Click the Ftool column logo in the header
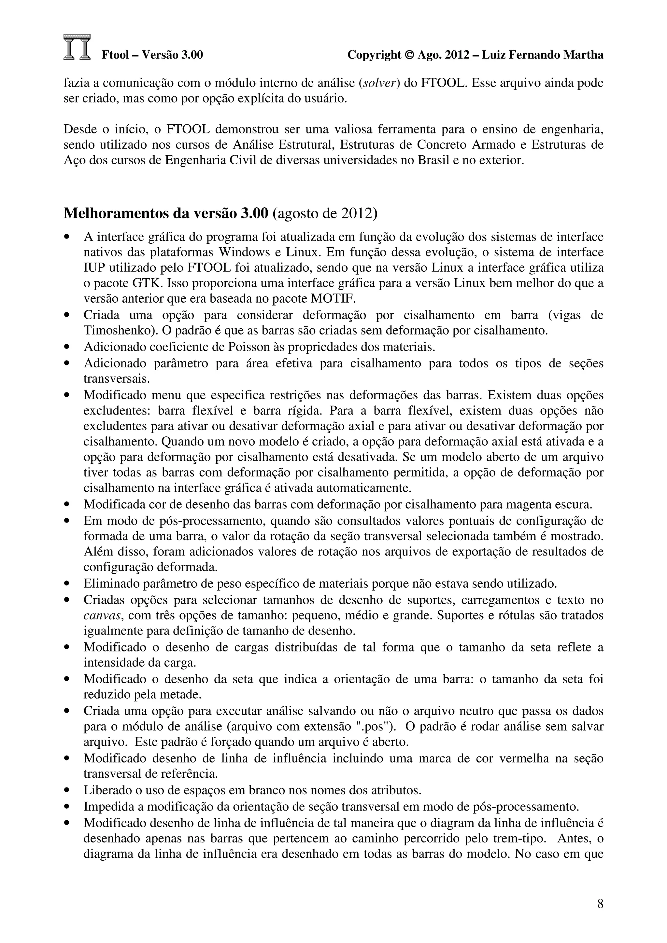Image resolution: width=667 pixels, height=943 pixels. click(77, 48)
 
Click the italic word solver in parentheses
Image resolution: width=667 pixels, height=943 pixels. click(379, 83)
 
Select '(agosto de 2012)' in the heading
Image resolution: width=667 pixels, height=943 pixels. click(325, 213)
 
